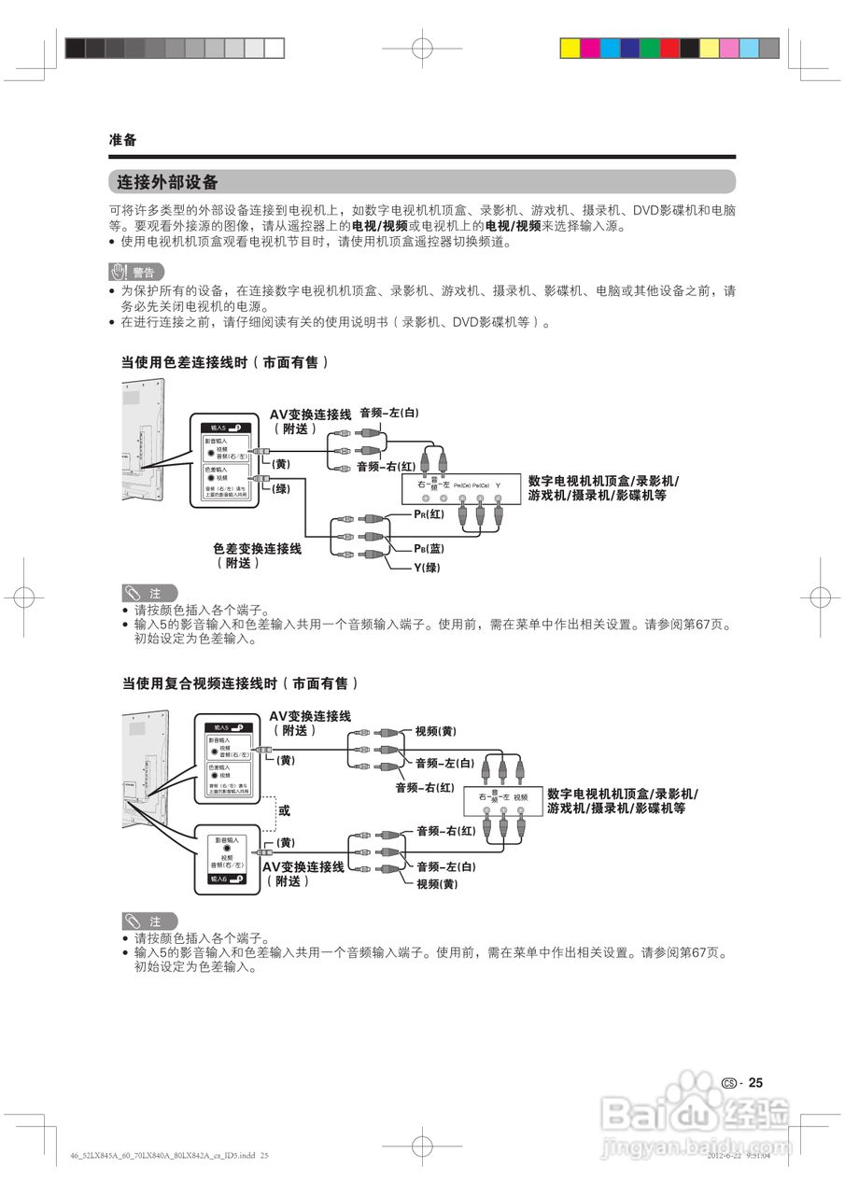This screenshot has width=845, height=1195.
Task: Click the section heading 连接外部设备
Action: point(167,182)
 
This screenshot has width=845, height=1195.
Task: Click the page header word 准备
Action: point(122,140)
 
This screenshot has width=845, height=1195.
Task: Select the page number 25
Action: point(755,1083)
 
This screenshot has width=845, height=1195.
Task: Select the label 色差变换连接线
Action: point(257,549)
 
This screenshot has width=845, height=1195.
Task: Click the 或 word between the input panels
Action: point(284,810)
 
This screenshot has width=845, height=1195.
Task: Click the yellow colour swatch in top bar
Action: point(570,48)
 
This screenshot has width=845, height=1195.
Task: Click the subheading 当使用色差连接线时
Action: point(225,361)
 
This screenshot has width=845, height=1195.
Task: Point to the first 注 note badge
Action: point(148,594)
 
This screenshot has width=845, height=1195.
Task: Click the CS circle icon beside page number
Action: point(729,1084)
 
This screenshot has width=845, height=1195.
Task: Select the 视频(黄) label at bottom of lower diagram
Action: point(436,884)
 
